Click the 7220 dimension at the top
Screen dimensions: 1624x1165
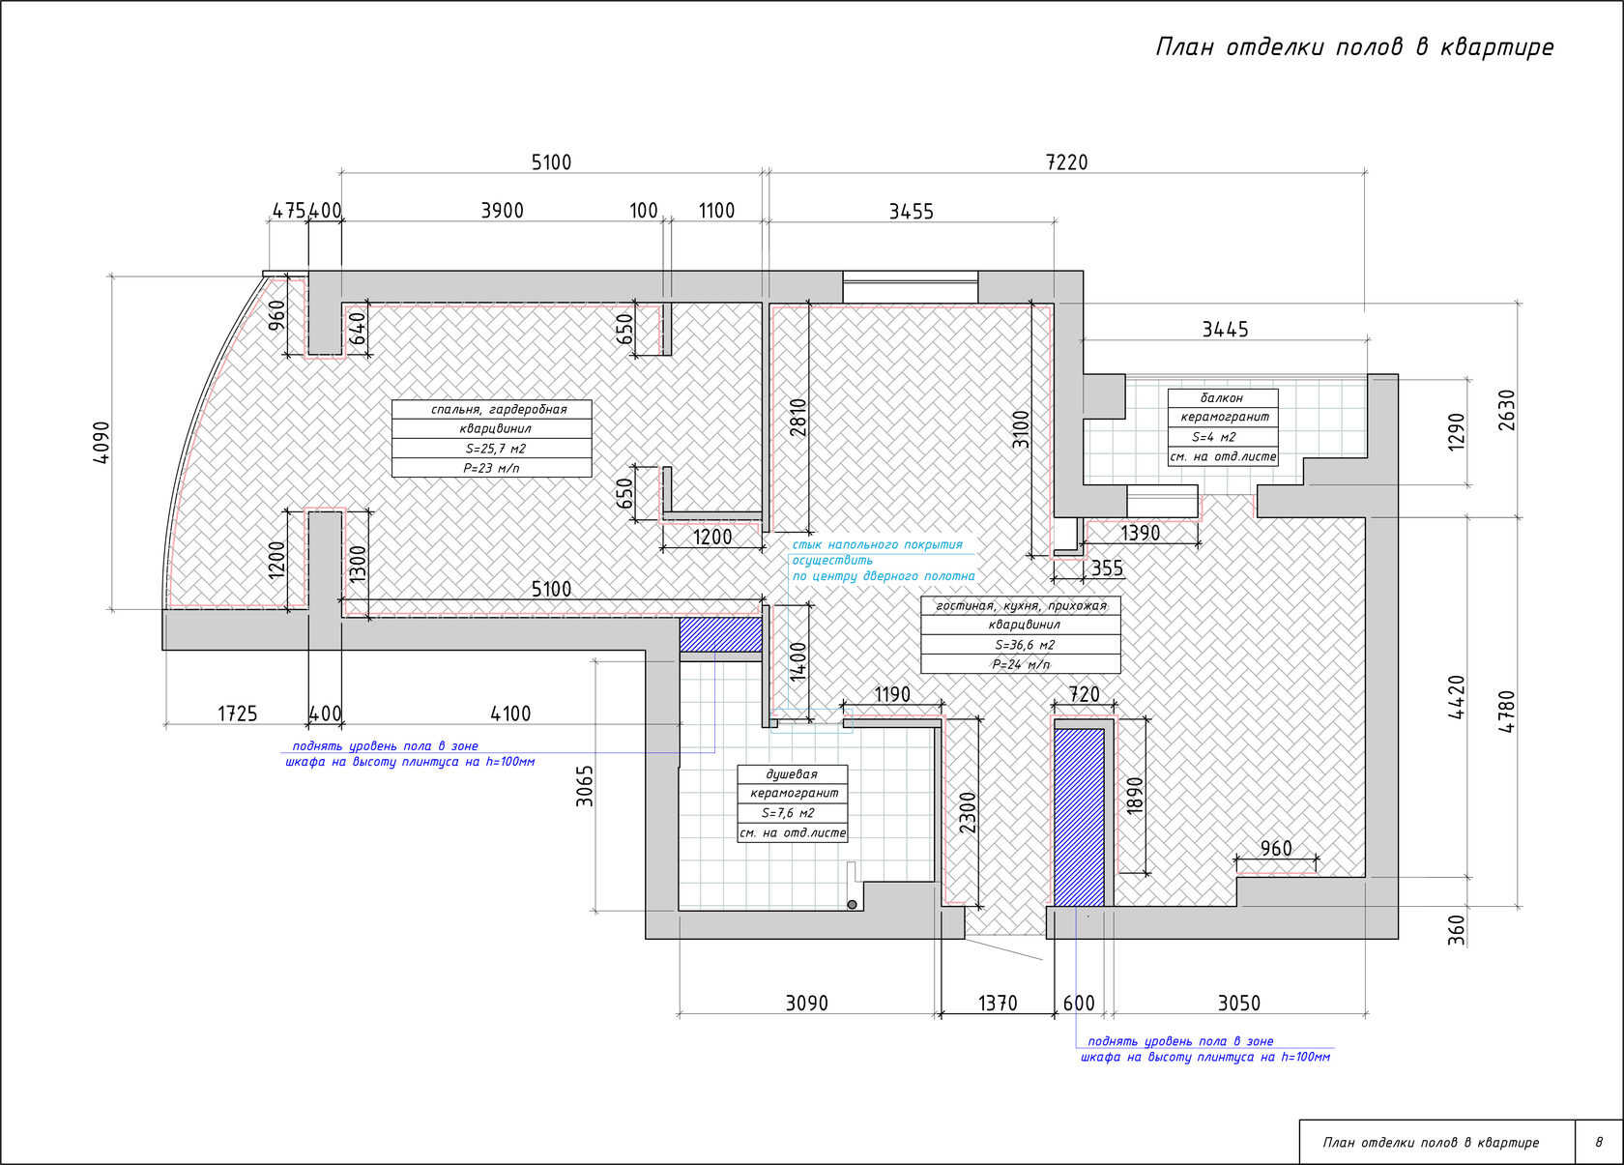1066,161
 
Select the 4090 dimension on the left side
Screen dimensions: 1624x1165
101,442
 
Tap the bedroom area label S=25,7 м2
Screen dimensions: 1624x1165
495,449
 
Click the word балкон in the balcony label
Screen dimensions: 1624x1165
1222,398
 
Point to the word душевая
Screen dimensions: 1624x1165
792,773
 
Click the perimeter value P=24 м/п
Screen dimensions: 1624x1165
1021,664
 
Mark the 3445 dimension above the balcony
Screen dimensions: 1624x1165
1226,330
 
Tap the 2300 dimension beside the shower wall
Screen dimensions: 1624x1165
968,812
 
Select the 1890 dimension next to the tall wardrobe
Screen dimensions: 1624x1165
1135,796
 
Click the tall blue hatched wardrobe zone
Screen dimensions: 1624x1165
1079,817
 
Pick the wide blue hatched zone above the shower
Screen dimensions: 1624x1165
721,634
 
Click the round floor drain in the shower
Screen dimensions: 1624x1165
852,904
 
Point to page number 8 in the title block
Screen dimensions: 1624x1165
1599,1142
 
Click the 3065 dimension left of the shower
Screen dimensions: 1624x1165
584,786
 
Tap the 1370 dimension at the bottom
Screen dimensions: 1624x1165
998,1004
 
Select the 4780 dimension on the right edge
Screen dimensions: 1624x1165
1506,712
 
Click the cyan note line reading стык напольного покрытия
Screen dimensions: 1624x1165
878,544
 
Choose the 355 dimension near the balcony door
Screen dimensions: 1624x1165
1107,568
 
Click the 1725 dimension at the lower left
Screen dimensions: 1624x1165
238,714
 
